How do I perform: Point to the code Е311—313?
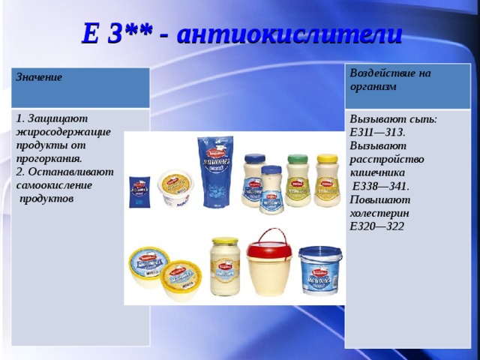click(377, 132)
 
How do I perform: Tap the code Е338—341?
click(380, 186)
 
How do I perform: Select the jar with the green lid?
click(298, 180)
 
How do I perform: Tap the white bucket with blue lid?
click(320, 270)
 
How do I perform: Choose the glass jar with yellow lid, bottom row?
click(224, 265)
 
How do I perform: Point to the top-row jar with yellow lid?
click(327, 180)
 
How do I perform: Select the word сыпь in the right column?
click(424, 118)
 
